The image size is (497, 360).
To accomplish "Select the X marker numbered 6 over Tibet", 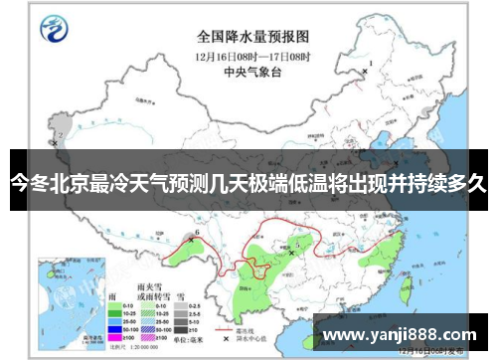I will click(x=191, y=237).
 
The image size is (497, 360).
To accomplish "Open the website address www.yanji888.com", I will click(x=402, y=334).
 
